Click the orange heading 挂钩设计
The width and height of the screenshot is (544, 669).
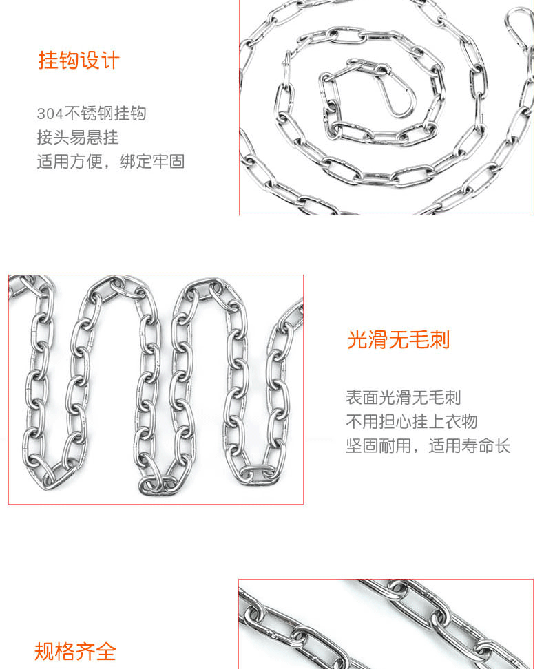pyautogui.click(x=79, y=60)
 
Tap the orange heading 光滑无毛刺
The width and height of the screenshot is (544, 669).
pyautogui.click(x=398, y=339)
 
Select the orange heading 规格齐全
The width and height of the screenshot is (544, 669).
pyautogui.click(x=75, y=651)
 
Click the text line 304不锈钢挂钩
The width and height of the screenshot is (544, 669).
pyautogui.click(x=92, y=114)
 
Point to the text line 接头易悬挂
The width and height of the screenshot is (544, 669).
pyautogui.click(x=78, y=138)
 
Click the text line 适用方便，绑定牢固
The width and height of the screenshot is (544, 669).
pyautogui.click(x=111, y=162)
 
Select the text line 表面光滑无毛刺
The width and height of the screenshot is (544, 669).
pyautogui.click(x=403, y=397)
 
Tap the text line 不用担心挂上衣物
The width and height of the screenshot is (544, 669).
pyautogui.click(x=411, y=421)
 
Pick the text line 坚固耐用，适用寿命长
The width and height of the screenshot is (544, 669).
pyautogui.click(x=428, y=445)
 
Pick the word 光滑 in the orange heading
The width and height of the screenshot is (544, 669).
pyautogui.click(x=367, y=339)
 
